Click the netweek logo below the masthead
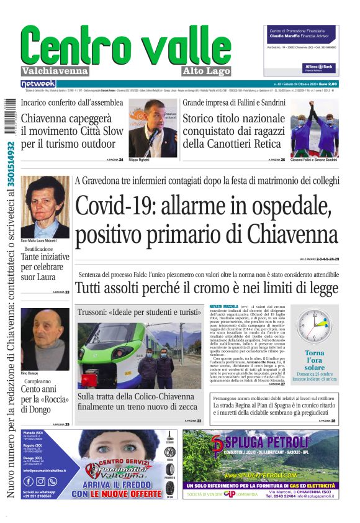(38, 83)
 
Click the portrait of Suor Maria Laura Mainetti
(45, 207)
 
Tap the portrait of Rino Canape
(45, 339)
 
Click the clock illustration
(314, 327)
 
